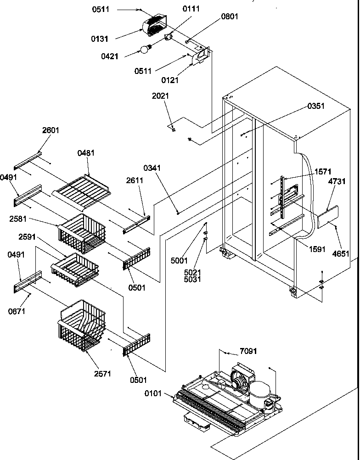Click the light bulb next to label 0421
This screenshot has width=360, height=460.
point(146,48)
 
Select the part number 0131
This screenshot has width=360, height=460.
point(100,39)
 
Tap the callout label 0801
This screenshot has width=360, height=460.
point(230,17)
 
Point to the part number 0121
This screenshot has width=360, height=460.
point(170,80)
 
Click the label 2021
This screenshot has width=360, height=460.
point(161,96)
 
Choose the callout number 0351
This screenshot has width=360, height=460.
point(316,106)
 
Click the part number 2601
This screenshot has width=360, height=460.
point(51,130)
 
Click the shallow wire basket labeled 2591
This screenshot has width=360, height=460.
point(74,269)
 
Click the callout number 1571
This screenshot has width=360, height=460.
point(322,171)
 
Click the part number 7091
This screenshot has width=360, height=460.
point(248,351)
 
